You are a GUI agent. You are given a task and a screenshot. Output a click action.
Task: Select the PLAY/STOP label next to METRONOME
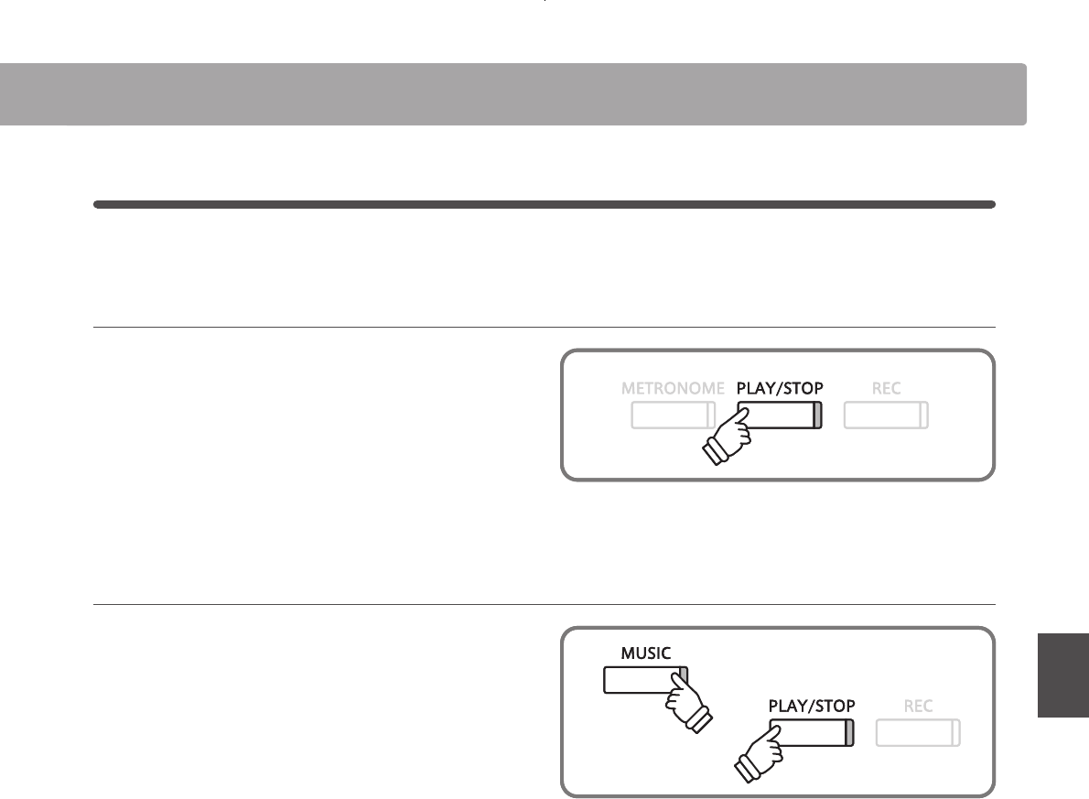780,388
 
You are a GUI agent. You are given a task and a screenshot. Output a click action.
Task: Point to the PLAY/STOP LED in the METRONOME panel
817,416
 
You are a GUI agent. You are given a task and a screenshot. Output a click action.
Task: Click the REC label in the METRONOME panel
886,388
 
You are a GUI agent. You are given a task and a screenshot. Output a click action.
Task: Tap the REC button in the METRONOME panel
886,416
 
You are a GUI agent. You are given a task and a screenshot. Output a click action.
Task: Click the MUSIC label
646,653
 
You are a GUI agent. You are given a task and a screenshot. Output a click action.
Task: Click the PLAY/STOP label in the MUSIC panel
812,706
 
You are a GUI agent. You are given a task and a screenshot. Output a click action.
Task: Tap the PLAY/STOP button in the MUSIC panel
810,733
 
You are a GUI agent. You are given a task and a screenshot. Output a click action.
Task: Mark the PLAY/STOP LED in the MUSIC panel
848,733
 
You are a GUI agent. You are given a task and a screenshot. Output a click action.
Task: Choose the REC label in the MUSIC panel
918,706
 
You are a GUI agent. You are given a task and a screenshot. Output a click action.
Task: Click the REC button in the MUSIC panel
918,733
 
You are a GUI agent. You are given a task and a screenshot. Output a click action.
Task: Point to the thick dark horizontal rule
544,205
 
